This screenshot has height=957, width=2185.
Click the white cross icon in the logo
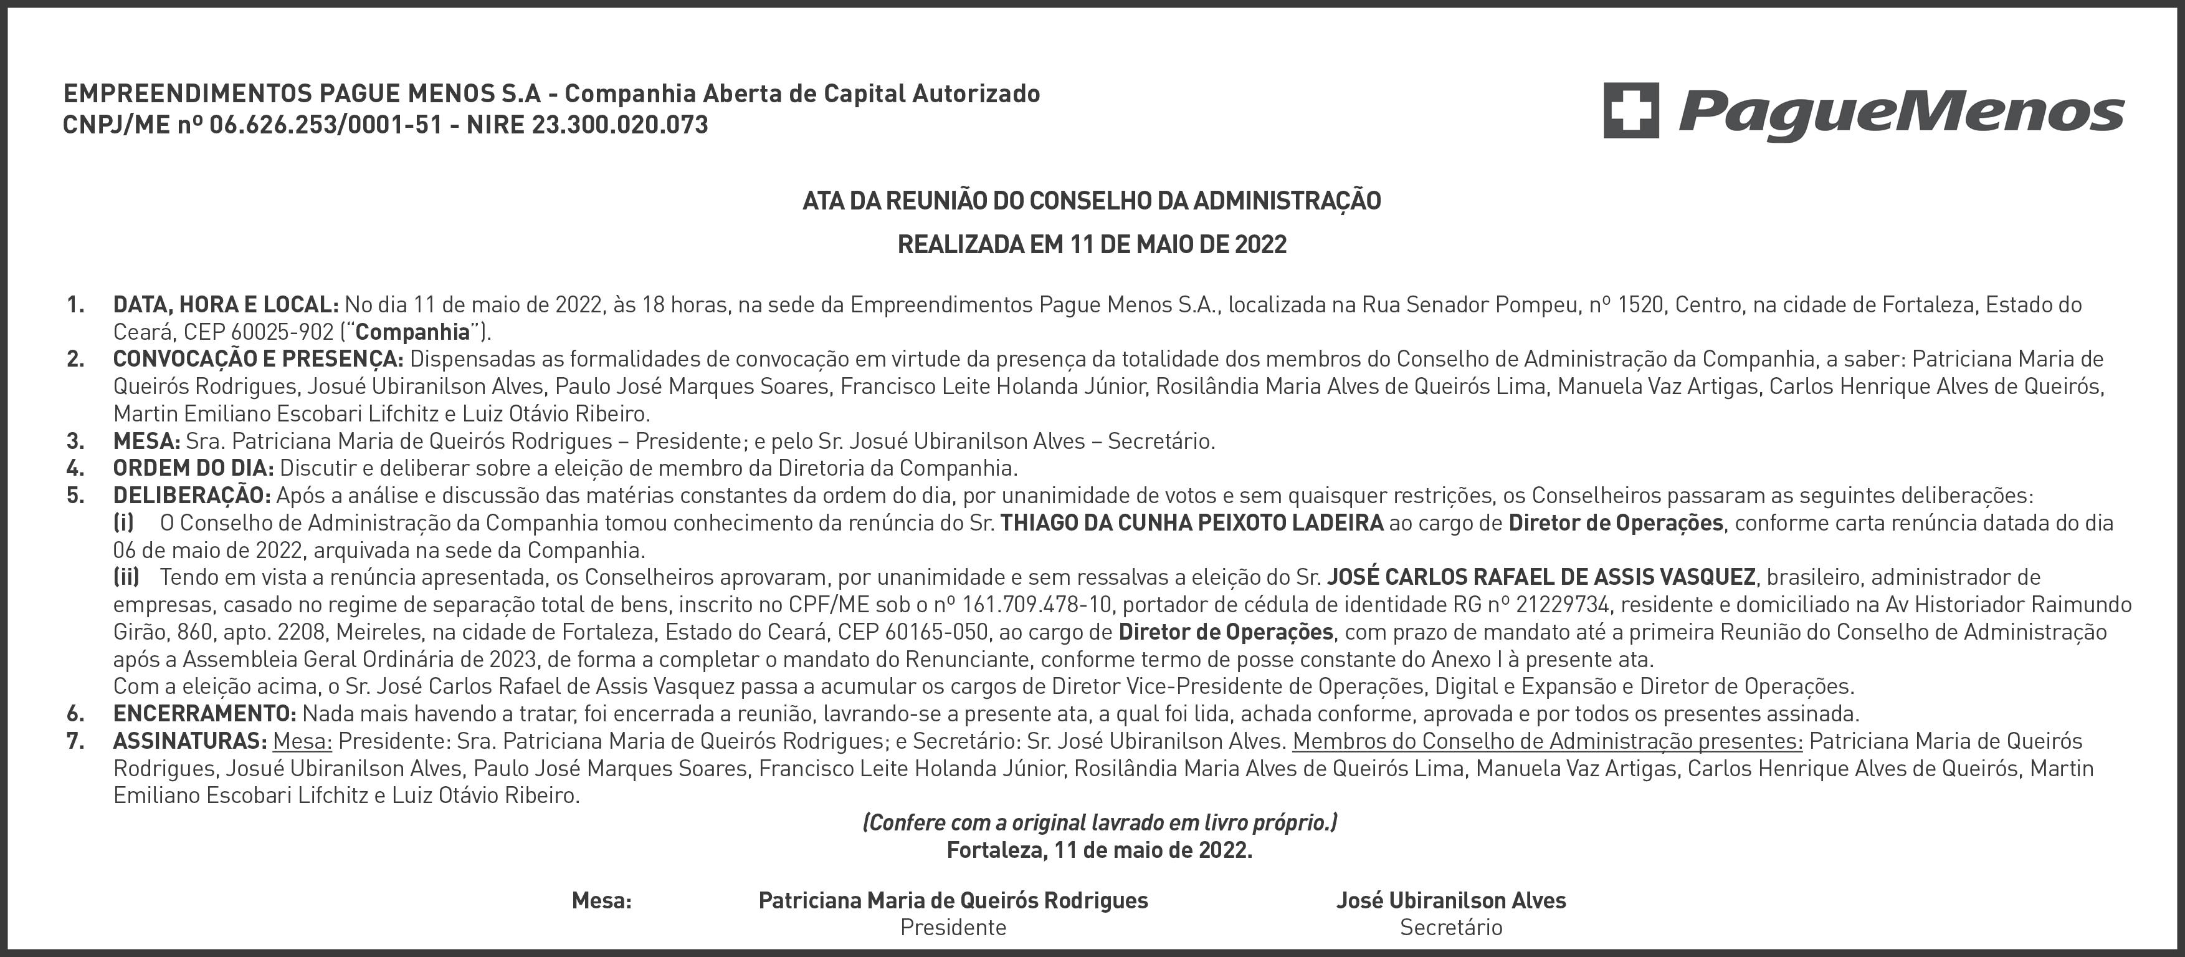coord(1630,110)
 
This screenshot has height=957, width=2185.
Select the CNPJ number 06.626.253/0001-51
coord(326,125)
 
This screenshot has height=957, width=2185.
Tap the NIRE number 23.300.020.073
coord(619,125)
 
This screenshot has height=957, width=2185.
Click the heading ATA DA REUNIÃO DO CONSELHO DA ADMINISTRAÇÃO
coord(1092,201)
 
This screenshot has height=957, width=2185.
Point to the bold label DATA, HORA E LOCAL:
coord(226,305)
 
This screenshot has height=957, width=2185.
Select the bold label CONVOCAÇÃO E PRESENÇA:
coord(258,359)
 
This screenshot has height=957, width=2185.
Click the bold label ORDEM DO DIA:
coord(193,468)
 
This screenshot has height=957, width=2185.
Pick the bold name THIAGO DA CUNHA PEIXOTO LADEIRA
coord(1192,522)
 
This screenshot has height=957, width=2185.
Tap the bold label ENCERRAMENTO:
coord(204,713)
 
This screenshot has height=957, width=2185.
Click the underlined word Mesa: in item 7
coord(302,741)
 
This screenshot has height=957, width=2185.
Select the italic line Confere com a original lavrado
coord(1099,822)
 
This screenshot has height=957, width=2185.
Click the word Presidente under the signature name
coord(953,927)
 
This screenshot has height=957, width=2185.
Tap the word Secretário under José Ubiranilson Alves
coord(1450,927)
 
